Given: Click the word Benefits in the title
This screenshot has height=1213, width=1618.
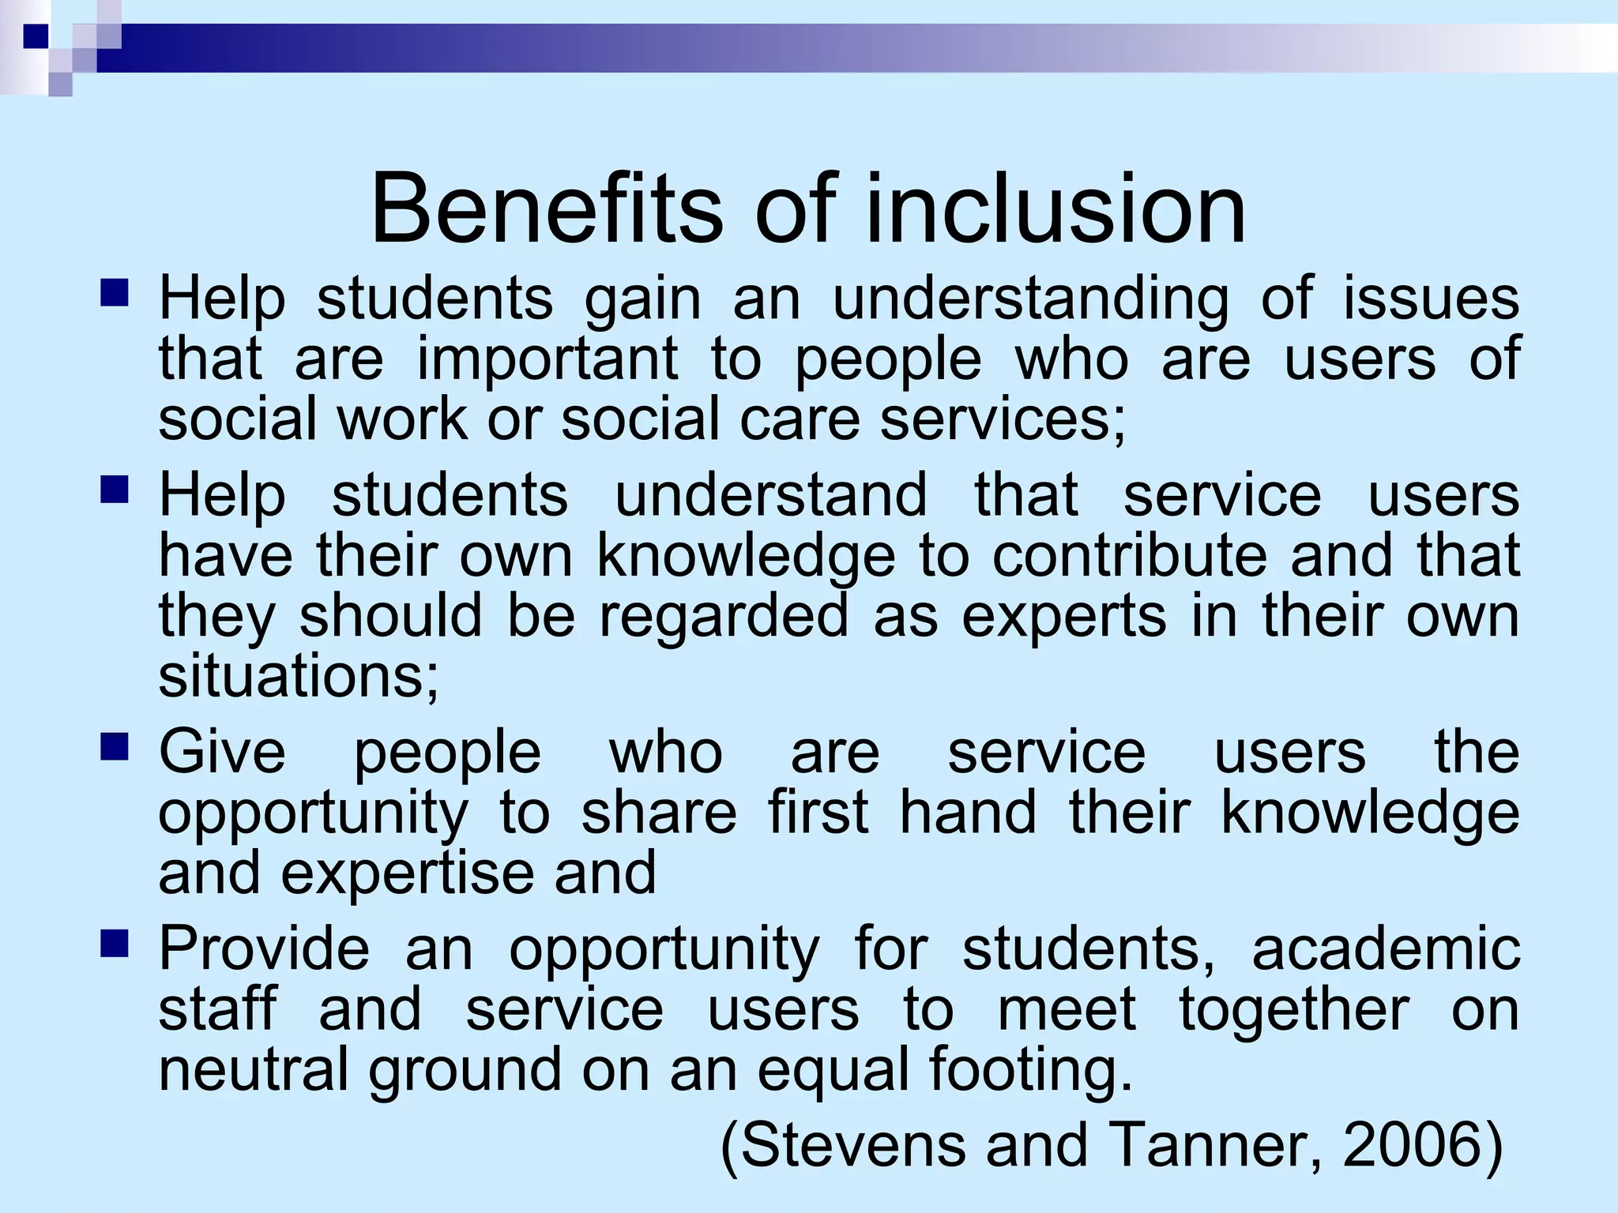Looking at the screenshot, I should [x=545, y=210].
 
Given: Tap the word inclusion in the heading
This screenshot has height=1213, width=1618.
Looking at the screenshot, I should [x=1056, y=210].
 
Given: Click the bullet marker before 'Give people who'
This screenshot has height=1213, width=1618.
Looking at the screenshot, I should [x=115, y=746].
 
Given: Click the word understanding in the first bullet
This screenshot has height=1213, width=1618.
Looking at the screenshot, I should [x=1030, y=300].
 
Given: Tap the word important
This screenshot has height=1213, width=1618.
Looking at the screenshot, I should [x=547, y=359].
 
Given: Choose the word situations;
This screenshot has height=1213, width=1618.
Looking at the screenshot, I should [x=299, y=677].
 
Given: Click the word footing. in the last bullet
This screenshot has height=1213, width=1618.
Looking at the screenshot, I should [x=1030, y=1070].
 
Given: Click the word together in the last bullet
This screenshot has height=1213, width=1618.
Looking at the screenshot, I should [x=1294, y=1009].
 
